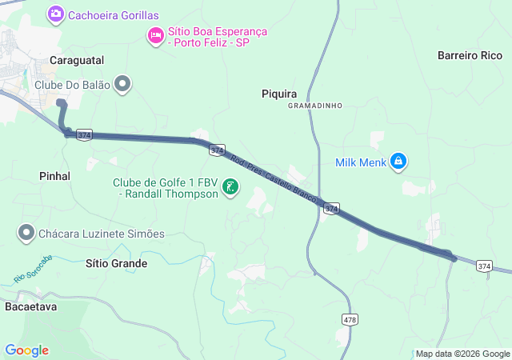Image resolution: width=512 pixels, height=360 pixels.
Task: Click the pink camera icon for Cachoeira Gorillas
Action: click(56, 14)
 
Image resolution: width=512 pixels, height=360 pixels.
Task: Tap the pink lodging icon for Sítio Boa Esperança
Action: click(155, 35)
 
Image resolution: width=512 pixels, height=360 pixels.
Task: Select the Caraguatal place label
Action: click(77, 60)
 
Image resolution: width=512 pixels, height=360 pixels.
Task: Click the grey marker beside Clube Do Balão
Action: click(122, 83)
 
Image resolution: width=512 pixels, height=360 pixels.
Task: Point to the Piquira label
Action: click(279, 93)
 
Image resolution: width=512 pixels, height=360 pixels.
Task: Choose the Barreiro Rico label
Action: click(470, 55)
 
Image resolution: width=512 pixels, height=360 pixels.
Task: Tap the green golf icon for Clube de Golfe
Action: click(231, 187)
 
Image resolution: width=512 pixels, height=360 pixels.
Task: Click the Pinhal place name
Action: click(54, 175)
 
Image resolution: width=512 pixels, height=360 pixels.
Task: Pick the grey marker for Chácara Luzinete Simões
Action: click(26, 233)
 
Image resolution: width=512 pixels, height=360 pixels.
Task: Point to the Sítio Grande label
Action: click(116, 263)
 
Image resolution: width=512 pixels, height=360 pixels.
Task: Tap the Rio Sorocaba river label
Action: click(33, 269)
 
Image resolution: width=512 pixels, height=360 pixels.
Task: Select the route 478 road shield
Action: click(350, 319)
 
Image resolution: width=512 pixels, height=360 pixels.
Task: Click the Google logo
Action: click(26, 350)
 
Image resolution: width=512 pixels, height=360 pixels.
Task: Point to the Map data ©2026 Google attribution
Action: click(462, 354)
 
